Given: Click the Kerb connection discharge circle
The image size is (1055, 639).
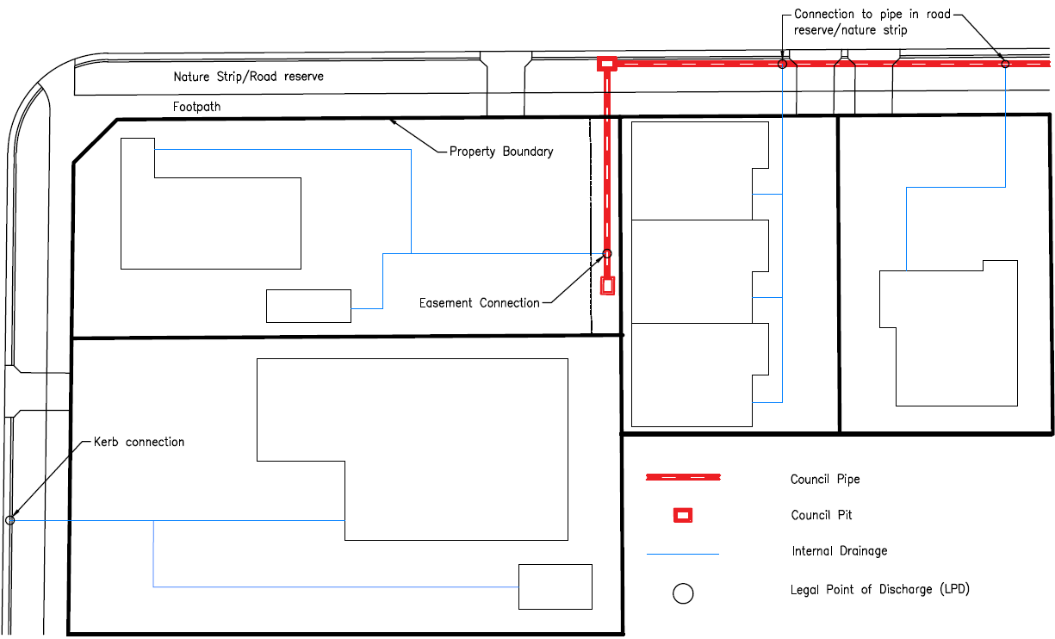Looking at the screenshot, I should pyautogui.click(x=10, y=520).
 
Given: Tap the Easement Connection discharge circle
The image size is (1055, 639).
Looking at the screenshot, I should pyautogui.click(x=607, y=253).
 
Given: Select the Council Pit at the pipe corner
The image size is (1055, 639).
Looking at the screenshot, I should pyautogui.click(x=607, y=63).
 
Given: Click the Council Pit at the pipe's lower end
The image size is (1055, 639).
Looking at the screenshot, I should pyautogui.click(x=607, y=285).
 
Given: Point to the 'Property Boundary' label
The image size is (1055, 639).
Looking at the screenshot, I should pyautogui.click(x=501, y=152).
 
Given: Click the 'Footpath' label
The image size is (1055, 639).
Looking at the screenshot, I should pyautogui.click(x=196, y=107).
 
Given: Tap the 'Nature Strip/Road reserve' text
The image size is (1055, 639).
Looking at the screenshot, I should pyautogui.click(x=248, y=77).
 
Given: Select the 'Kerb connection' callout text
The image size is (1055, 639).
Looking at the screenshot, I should pyautogui.click(x=139, y=442).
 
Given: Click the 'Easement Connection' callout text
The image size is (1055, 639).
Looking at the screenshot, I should pyautogui.click(x=480, y=303).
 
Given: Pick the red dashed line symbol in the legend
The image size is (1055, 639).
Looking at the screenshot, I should pyautogui.click(x=683, y=477).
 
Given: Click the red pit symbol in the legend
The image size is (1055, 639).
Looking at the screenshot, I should pyautogui.click(x=683, y=515).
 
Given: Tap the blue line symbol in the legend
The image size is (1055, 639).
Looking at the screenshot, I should pyautogui.click(x=683, y=555).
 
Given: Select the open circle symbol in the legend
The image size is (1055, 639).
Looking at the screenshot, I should pyautogui.click(x=683, y=593).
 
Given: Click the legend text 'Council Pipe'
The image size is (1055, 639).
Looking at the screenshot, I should pyautogui.click(x=825, y=480).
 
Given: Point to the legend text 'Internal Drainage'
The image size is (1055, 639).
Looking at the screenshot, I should pyautogui.click(x=839, y=551).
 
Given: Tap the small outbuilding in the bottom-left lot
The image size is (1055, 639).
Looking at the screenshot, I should pyautogui.click(x=555, y=586).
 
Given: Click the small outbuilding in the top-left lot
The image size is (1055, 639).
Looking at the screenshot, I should pyautogui.click(x=308, y=306).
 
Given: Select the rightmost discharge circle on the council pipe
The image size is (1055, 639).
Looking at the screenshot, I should pyautogui.click(x=1005, y=64).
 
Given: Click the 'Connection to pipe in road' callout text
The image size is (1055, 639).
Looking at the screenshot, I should pyautogui.click(x=872, y=15).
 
